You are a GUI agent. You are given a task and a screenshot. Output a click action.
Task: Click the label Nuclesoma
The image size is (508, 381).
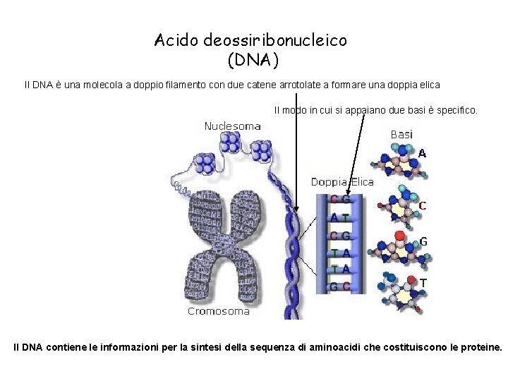pyautogui.click(x=232, y=126)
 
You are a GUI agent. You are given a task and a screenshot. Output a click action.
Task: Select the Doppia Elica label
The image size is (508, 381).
pyautogui.click(x=343, y=182)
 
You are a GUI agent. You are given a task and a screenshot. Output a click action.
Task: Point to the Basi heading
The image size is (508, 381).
pyautogui.click(x=401, y=133)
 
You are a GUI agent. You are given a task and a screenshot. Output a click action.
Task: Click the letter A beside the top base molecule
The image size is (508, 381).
pyautogui.click(x=422, y=152)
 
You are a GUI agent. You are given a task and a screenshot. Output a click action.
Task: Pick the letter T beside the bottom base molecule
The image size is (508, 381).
pyautogui.click(x=423, y=282)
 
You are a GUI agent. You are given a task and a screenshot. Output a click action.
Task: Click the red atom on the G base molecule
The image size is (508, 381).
pyautogui.click(x=400, y=235)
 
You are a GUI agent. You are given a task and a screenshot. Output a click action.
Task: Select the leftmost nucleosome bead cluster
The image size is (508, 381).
pyautogui.click(x=205, y=164)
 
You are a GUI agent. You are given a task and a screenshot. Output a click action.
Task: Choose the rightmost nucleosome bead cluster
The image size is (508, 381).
pyautogui.click(x=261, y=150)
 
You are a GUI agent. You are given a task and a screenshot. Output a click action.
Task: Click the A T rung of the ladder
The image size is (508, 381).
pyautogui.click(x=339, y=218)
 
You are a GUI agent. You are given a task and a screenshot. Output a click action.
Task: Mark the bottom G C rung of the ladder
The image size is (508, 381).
pyautogui.click(x=339, y=287)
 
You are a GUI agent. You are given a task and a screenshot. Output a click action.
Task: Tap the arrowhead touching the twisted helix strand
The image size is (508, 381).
pyautogui.click(x=296, y=209)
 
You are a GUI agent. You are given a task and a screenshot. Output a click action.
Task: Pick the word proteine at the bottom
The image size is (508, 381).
pyautogui.click(x=480, y=347)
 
